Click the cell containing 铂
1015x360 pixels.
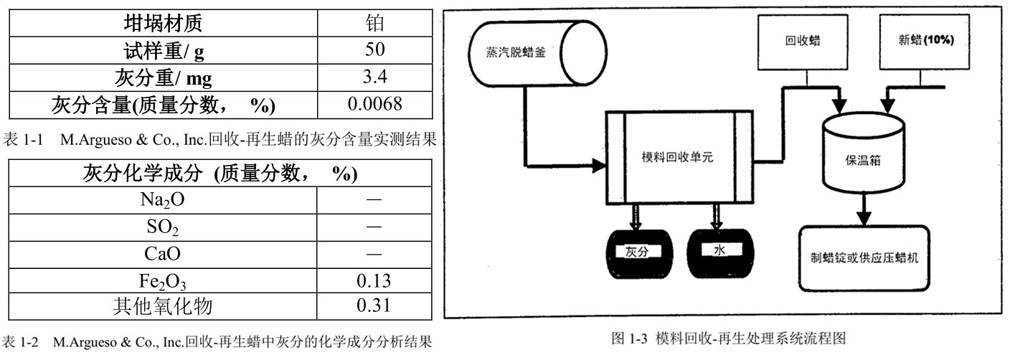pos(374,24)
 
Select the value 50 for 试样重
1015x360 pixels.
pos(374,50)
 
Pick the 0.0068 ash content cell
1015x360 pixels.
pos(374,105)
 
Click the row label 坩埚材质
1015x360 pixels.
pos(163,24)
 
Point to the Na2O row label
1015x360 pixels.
pos(163,199)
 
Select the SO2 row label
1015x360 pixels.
pos(163,227)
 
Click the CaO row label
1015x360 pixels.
pos(163,253)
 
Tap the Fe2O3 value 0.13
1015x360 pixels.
pos(374,280)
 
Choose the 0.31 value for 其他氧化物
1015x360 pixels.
pos(374,306)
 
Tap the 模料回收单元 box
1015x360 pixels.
pos(679,158)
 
